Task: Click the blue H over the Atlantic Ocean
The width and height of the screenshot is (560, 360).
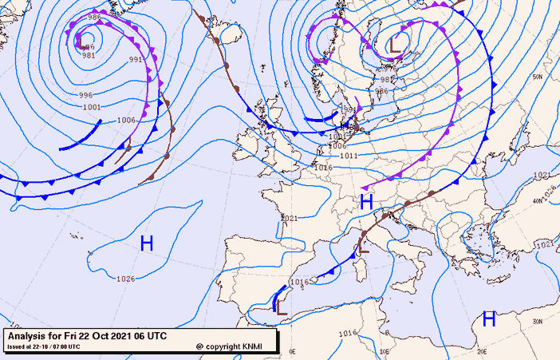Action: (147, 243)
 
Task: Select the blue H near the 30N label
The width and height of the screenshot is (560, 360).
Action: (489, 319)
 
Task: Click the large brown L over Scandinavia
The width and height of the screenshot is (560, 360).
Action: (394, 45)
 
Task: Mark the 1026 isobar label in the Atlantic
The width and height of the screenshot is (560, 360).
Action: (125, 279)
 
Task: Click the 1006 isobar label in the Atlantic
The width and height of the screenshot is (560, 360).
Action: (125, 120)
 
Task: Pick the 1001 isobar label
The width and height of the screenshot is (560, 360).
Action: (91, 107)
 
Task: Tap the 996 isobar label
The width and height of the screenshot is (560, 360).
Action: (85, 95)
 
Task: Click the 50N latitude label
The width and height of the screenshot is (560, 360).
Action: (538, 77)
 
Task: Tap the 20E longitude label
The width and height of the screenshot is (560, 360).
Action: (482, 351)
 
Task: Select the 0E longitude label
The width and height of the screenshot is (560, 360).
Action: (291, 351)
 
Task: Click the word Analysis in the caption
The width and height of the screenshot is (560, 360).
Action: (27, 336)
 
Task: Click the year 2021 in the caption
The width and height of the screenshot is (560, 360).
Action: (119, 336)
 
